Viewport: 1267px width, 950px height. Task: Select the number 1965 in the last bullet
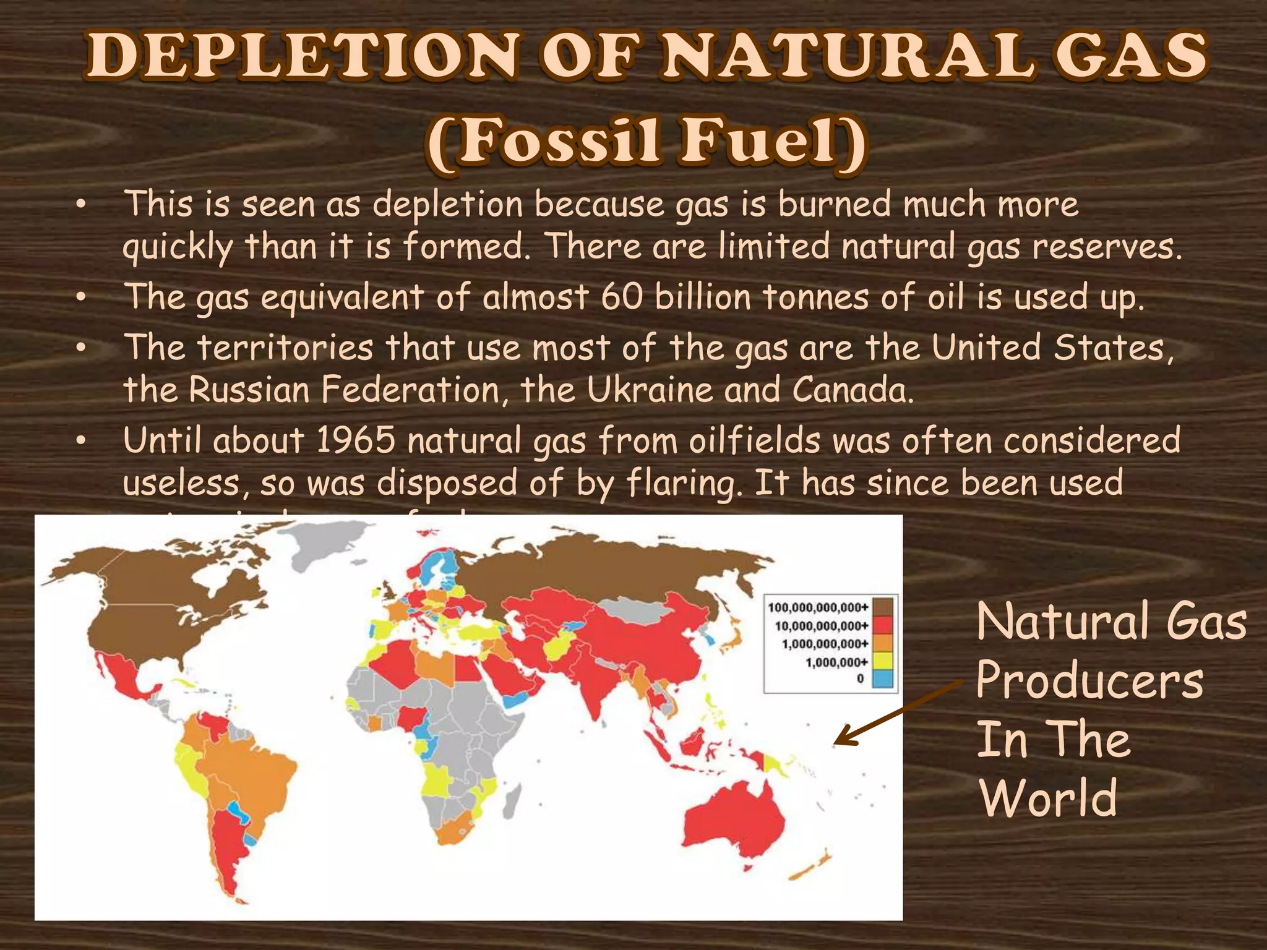pyautogui.click(x=355, y=441)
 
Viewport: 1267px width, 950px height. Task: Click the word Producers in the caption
pyautogui.click(x=1089, y=680)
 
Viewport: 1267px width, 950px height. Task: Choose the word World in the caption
pyautogui.click(x=1049, y=797)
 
